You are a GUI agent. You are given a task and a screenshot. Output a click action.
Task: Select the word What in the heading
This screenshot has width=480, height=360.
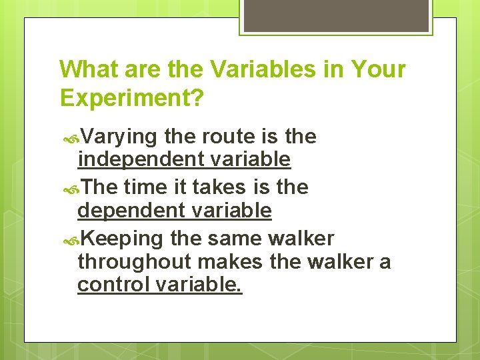coord(85,69)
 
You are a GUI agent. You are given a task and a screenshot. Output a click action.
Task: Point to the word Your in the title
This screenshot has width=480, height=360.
coord(377,69)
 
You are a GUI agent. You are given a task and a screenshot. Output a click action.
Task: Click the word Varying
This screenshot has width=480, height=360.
coord(120,137)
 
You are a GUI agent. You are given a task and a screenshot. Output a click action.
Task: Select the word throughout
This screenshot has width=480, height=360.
coord(134,262)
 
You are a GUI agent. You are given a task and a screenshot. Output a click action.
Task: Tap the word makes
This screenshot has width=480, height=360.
coord(231,262)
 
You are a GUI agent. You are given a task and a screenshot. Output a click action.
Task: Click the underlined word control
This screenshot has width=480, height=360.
coord(113,285)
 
